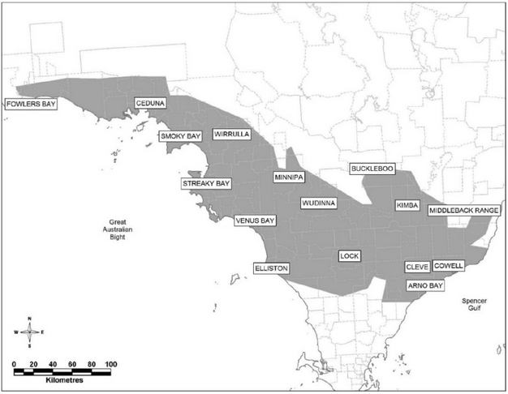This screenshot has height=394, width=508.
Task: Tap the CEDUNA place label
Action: point(150,104)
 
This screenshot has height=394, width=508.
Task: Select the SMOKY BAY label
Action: point(179,136)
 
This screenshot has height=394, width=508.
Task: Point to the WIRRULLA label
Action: point(231,134)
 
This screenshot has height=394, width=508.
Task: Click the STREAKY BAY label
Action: point(202,184)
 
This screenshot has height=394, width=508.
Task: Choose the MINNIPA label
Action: point(288,177)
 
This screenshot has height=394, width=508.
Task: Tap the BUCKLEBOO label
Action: point(372,169)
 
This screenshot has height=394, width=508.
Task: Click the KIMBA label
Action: point(406,206)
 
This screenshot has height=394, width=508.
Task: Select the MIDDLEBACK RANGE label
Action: point(464,210)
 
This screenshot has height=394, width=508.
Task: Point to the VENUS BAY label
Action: point(256,220)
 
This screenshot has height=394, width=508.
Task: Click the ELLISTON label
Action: point(271,268)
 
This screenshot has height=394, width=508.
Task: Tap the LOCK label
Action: point(349,256)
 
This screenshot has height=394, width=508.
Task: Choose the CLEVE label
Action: point(417,268)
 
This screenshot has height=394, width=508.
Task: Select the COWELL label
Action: point(449,265)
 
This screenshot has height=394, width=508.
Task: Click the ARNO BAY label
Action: point(425,286)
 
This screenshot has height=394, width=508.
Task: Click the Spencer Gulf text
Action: point(474,303)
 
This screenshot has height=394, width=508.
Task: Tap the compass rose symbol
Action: point(30,332)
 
